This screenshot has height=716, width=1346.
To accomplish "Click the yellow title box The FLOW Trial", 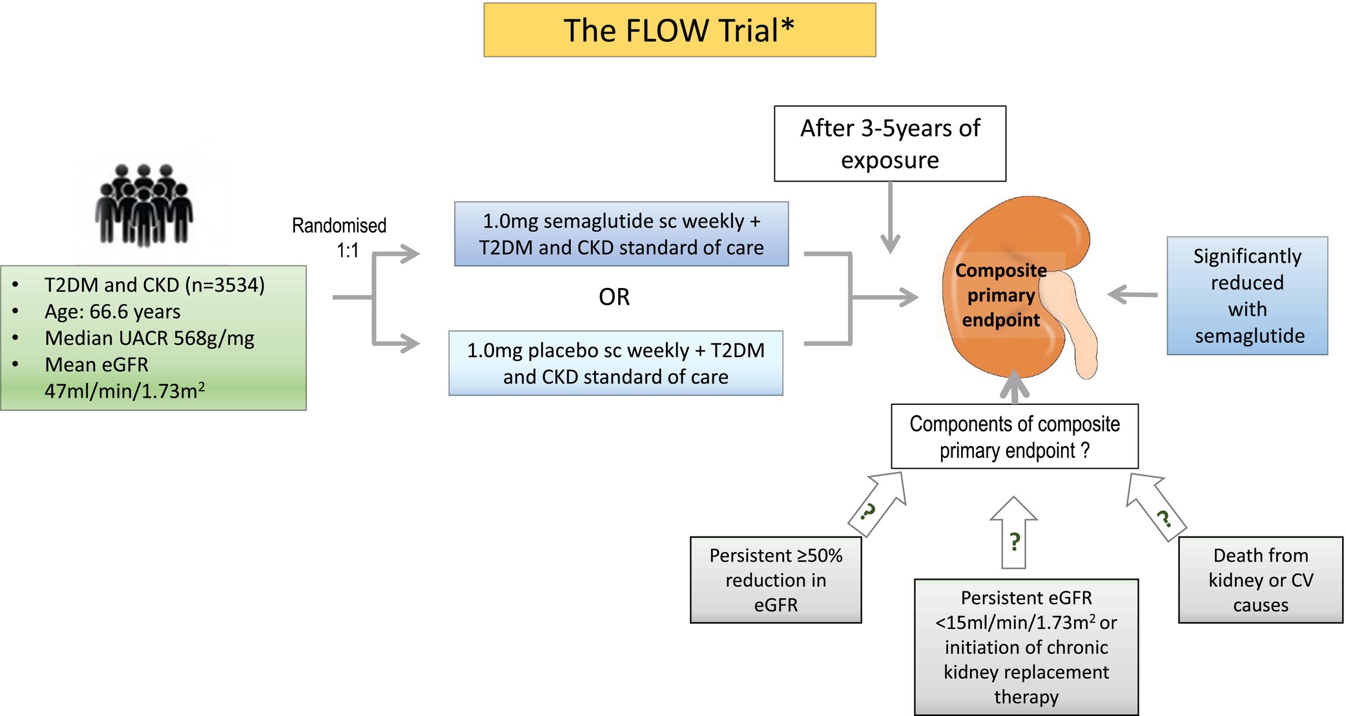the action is click(679, 30).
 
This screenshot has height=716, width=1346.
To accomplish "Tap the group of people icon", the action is click(144, 205).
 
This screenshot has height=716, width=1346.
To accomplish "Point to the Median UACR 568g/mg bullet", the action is click(149, 338).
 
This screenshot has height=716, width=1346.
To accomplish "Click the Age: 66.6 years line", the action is click(112, 311).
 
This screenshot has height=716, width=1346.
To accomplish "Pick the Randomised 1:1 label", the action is click(339, 238).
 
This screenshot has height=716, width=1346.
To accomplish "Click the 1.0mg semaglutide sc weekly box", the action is click(621, 234).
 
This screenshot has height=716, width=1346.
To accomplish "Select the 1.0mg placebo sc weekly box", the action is click(616, 363).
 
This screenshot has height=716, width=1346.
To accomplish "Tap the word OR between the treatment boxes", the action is click(614, 297).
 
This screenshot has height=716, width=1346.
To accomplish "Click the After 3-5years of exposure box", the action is click(890, 143).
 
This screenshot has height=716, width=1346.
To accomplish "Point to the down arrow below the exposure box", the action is click(890, 218).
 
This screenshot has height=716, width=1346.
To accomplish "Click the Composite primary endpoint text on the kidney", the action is click(1001, 295).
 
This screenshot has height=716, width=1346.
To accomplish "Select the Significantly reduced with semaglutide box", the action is click(1247, 296).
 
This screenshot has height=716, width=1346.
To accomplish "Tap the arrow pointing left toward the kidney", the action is click(1133, 294).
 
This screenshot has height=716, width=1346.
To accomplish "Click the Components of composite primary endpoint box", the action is click(1015, 436).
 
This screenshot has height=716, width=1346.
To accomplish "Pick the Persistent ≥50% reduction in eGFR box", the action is click(776, 580).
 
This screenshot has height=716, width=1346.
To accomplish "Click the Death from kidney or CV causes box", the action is click(1261, 580).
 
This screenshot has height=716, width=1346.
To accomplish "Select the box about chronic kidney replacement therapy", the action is click(1026, 647).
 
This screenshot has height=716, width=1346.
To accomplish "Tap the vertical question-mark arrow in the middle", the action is click(1014, 533).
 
